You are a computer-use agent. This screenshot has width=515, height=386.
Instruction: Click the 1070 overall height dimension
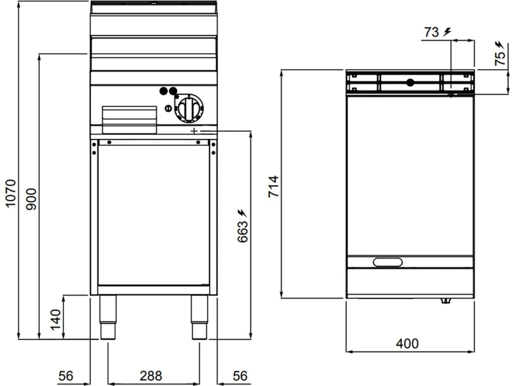pos(11,194)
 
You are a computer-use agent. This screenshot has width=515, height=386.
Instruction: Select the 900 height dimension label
pos(32,199)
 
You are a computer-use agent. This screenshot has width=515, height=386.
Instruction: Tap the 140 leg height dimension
pos(55,320)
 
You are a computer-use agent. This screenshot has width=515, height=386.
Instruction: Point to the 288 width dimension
pos(151,376)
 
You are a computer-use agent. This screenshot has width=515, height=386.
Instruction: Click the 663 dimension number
pos(243,232)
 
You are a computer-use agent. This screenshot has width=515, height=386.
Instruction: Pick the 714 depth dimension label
pos(273,186)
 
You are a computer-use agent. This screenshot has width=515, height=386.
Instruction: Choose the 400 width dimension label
pos(407,344)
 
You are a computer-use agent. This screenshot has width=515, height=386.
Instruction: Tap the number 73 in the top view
pos(431,32)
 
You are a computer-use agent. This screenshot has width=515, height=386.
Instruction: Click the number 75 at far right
pos(500,58)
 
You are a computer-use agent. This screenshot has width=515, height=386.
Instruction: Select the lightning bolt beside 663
pos(243,213)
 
